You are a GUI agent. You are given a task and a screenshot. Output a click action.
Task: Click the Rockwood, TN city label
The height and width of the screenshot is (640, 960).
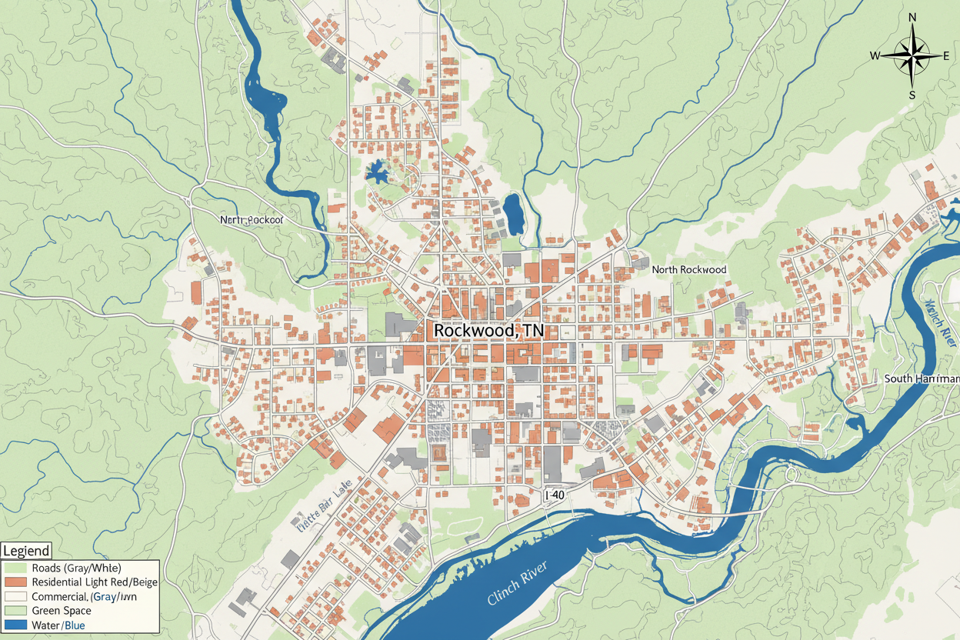click(x=488, y=330)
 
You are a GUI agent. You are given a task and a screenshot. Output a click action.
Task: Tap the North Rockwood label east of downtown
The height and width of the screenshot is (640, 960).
click(x=688, y=270)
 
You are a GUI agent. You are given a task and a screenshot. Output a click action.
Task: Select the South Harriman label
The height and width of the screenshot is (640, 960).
click(x=922, y=378)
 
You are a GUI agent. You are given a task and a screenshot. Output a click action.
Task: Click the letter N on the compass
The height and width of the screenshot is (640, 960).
click(x=912, y=18)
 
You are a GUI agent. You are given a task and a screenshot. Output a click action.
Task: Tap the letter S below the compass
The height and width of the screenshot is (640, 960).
click(x=912, y=95)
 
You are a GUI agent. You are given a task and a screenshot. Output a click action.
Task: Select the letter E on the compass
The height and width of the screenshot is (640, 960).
click(x=947, y=55)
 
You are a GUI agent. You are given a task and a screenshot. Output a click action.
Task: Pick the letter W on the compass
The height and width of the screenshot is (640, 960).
click(x=875, y=55)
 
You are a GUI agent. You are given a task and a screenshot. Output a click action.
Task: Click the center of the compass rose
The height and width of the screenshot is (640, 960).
click(x=912, y=56)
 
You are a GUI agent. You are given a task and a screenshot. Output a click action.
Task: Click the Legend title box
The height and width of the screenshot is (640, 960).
click(x=26, y=551)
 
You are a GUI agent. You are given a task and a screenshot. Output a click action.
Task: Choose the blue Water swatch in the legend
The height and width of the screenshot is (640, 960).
click(x=15, y=625)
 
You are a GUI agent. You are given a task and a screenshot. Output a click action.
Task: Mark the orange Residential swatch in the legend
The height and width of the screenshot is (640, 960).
click(x=15, y=582)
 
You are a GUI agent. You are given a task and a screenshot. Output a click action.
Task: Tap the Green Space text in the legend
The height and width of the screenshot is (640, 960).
click(x=62, y=611)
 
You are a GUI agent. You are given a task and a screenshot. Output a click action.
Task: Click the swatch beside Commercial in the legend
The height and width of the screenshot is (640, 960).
click(x=15, y=596)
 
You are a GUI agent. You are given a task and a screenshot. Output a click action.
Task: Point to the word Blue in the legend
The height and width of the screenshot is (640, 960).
click(x=75, y=625)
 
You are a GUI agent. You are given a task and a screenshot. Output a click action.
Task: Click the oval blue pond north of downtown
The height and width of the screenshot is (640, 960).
click(x=513, y=213)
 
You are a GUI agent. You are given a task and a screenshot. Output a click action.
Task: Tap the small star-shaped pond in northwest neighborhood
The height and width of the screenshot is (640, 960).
click(x=376, y=172)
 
